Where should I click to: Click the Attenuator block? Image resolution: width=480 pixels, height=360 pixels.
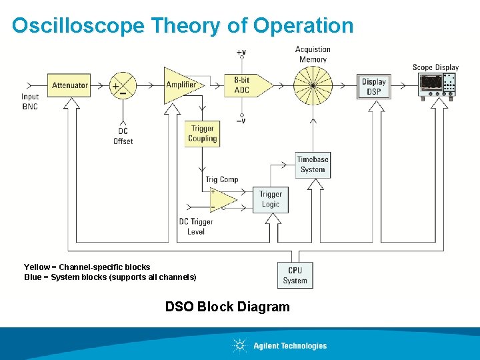tap(70, 85)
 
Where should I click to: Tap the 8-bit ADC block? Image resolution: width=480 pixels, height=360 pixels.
tap(245, 85)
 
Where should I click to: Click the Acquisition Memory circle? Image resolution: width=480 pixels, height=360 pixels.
tap(313, 85)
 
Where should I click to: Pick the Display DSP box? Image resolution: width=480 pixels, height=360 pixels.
tap(373, 86)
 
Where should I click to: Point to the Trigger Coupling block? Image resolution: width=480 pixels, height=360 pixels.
tap(202, 134)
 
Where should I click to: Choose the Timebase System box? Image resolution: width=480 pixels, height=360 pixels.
tap(313, 165)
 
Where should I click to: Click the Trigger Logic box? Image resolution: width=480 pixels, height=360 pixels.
tap(270, 199)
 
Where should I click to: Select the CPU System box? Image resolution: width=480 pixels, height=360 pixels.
tap(295, 275)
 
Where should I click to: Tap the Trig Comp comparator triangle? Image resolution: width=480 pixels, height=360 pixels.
tap(221, 199)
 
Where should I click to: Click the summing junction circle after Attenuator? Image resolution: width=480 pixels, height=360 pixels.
tap(123, 85)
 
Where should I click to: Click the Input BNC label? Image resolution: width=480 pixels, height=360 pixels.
tap(30, 101)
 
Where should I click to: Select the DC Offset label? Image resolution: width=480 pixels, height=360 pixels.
tap(123, 136)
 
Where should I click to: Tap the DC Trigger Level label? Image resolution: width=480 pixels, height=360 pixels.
tap(196, 227)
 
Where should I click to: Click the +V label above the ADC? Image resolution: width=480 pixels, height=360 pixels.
tap(241, 52)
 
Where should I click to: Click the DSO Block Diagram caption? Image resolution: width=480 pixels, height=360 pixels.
tap(227, 307)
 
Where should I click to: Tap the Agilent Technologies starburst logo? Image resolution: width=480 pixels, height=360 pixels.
tap(239, 345)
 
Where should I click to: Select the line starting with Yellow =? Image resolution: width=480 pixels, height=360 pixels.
tap(87, 267)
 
